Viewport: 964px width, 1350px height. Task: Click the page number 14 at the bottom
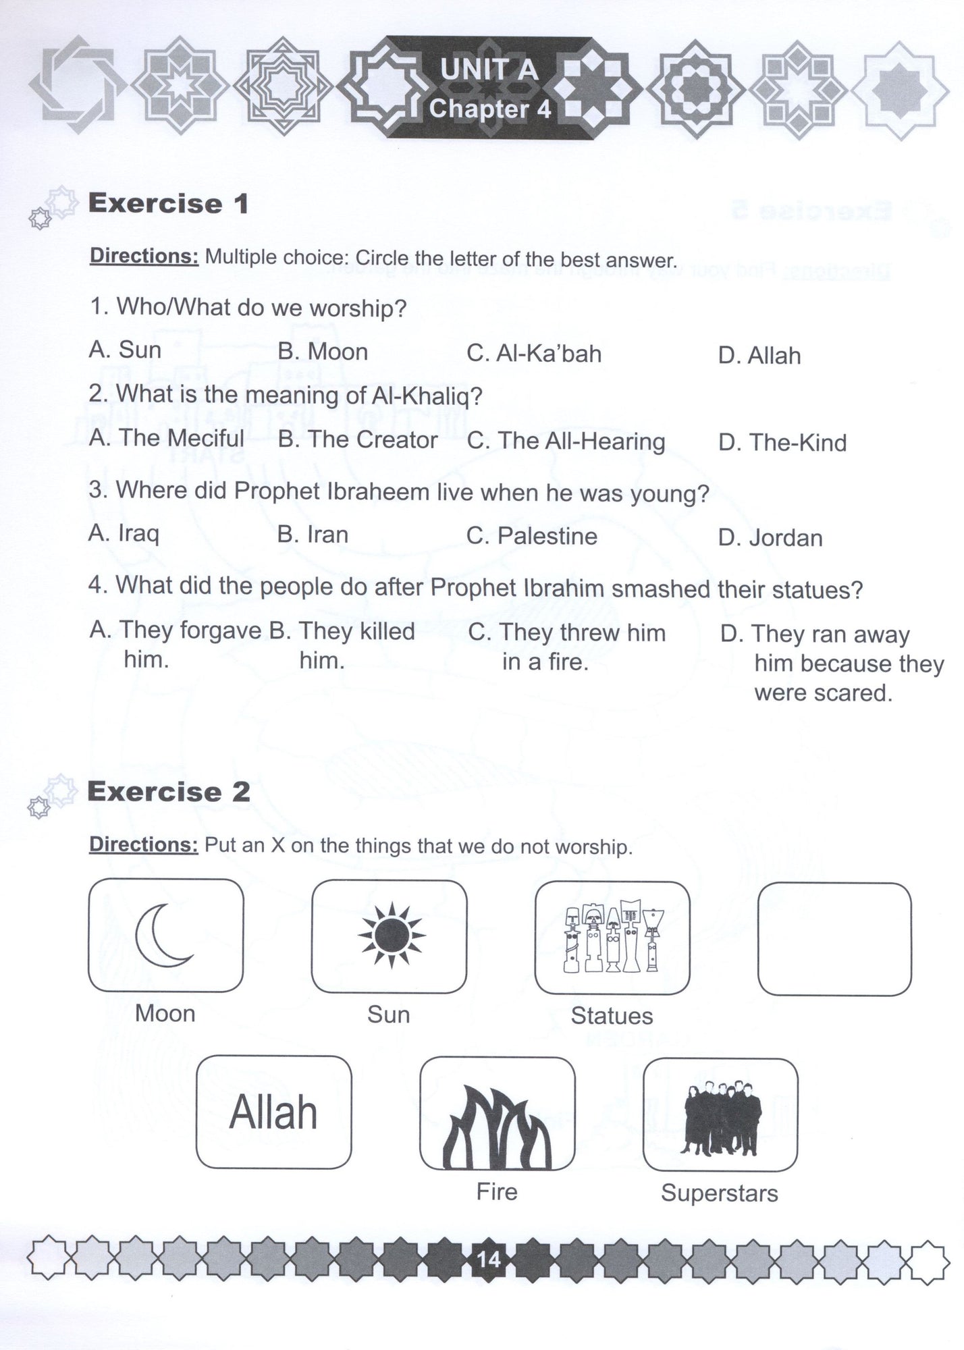click(x=488, y=1259)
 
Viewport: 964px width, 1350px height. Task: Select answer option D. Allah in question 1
click(x=759, y=356)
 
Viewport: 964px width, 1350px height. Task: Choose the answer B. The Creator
click(x=358, y=440)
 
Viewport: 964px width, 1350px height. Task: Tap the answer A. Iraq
click(x=124, y=534)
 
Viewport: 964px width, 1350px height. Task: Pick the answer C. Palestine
click(x=532, y=537)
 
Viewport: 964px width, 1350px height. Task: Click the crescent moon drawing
click(x=164, y=936)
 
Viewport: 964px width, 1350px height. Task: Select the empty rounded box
click(x=834, y=939)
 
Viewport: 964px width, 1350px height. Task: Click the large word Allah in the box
click(x=273, y=1113)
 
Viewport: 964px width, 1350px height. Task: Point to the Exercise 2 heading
click(x=169, y=792)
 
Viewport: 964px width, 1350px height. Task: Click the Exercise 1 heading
click(x=169, y=203)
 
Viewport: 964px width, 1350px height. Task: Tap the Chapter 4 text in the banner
click(x=490, y=109)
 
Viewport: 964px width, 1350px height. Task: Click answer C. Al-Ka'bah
click(x=534, y=354)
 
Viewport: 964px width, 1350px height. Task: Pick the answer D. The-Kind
click(x=782, y=443)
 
